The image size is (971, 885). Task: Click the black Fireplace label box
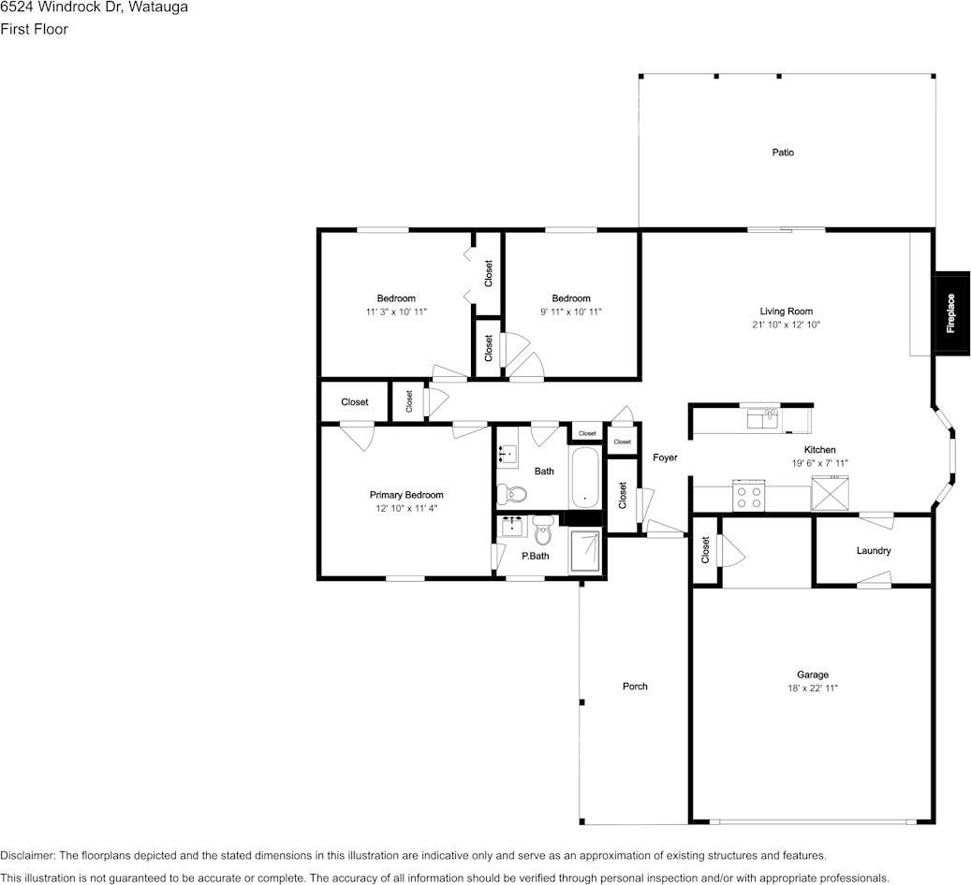point(951,313)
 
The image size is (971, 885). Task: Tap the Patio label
point(783,152)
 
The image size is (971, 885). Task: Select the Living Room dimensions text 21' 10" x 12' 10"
point(786,325)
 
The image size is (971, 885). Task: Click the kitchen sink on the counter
point(763,419)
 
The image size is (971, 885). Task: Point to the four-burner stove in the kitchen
point(749,495)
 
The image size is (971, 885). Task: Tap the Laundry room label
point(874,550)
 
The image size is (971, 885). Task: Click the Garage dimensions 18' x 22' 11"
point(813,688)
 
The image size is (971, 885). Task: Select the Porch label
point(635,687)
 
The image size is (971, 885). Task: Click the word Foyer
point(665,457)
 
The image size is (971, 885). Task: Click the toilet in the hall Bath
point(511,494)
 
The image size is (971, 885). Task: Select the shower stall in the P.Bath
point(585,551)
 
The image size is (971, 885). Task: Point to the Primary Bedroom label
point(406,495)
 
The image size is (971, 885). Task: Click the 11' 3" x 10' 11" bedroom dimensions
point(396,312)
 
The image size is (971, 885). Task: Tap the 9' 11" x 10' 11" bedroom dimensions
point(571,312)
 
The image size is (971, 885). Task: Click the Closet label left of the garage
point(705,549)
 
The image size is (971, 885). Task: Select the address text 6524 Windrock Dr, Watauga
point(94,7)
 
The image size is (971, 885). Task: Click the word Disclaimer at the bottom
point(27,855)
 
